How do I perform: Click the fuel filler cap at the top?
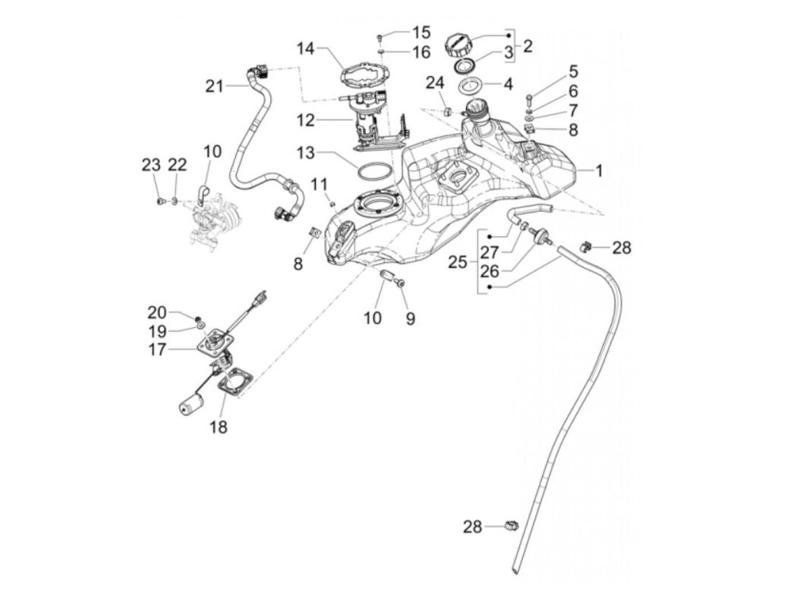[x=459, y=44]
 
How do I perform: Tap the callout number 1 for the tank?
[x=598, y=171]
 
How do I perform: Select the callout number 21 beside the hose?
[x=214, y=87]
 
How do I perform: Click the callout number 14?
[x=306, y=49]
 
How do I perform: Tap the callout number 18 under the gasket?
[x=219, y=427]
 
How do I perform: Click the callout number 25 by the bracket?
[x=458, y=262]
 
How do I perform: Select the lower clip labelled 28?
[x=511, y=525]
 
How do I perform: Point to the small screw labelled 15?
[x=380, y=37]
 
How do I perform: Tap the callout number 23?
[x=151, y=165]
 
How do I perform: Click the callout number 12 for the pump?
[x=306, y=121]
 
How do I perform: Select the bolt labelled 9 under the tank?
[x=400, y=282]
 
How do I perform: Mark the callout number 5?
[x=573, y=72]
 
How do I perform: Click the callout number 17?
[x=157, y=349]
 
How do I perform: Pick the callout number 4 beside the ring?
[x=508, y=84]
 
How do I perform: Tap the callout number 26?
[x=490, y=270]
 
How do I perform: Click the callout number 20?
[x=157, y=312]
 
